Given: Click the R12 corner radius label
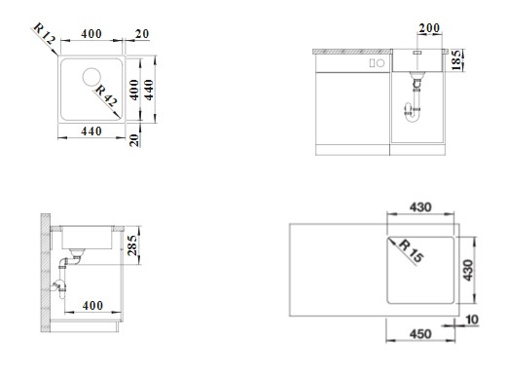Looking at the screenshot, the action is pyautogui.click(x=45, y=34).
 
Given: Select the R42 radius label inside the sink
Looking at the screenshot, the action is pyautogui.click(x=106, y=95).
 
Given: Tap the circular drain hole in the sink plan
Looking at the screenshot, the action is pyautogui.click(x=91, y=77).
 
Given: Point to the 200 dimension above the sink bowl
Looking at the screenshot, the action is pyautogui.click(x=429, y=28).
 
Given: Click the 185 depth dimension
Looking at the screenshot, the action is pyautogui.click(x=456, y=60).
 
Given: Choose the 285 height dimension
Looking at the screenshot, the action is pyautogui.click(x=132, y=245).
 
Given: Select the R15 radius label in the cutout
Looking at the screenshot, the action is pyautogui.click(x=412, y=250).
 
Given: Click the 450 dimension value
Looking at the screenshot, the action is pyautogui.click(x=420, y=334).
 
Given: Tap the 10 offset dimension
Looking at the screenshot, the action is pyautogui.click(x=472, y=319).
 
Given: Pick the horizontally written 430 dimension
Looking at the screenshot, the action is pyautogui.click(x=420, y=207).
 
